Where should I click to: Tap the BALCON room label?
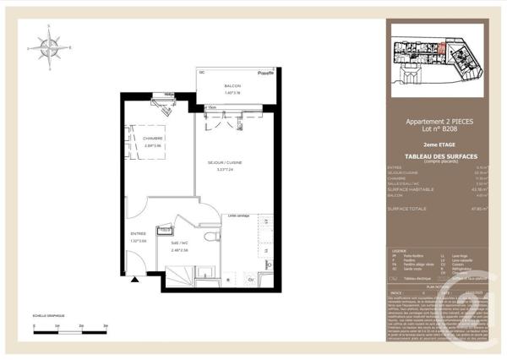pyautogui.click(x=232, y=85)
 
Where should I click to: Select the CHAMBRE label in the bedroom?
pyautogui.click(x=153, y=138)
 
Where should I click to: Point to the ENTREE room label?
pyautogui.click(x=139, y=233)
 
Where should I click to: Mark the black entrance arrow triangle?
pyautogui.click(x=133, y=289)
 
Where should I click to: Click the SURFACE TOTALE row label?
pyautogui.click(x=407, y=208)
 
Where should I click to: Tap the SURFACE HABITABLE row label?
pyautogui.click(x=410, y=188)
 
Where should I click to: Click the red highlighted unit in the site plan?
pyautogui.click(x=441, y=48)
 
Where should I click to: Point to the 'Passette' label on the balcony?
pyautogui.click(x=265, y=73)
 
